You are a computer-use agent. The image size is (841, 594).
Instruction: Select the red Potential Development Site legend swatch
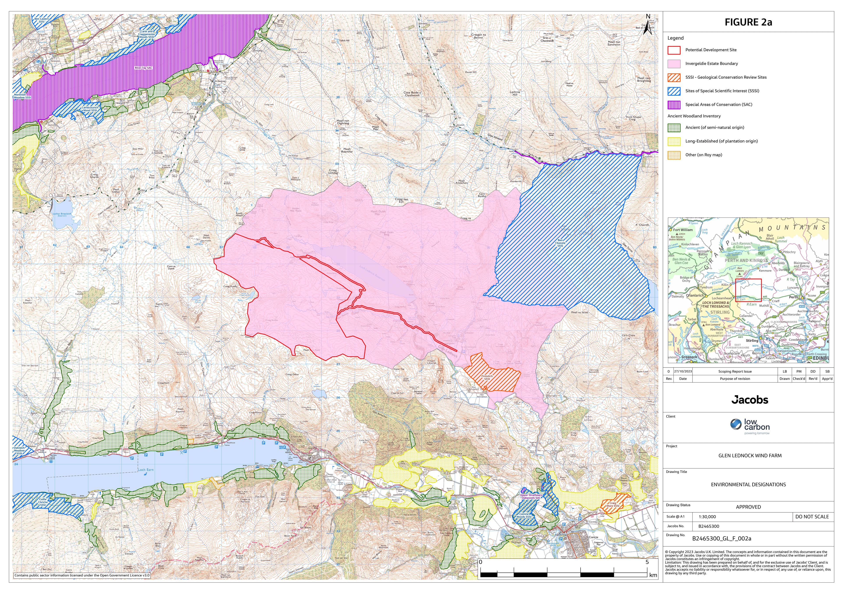pos(674,50)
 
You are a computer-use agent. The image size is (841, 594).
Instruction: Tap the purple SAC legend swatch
pos(674,105)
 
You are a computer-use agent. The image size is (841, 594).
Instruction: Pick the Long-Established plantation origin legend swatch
pos(674,141)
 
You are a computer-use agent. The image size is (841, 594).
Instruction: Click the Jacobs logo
pos(749,400)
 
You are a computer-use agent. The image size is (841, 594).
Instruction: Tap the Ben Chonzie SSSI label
pos(560,243)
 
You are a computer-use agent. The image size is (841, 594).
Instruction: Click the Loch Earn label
pos(146,470)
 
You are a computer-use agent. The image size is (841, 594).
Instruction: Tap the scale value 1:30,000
pos(707,517)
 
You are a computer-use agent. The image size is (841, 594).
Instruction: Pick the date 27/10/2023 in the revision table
pos(683,371)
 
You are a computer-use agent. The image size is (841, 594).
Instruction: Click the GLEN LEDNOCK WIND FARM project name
pos(749,456)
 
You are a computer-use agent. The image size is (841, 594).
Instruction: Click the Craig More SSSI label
pos(612,505)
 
